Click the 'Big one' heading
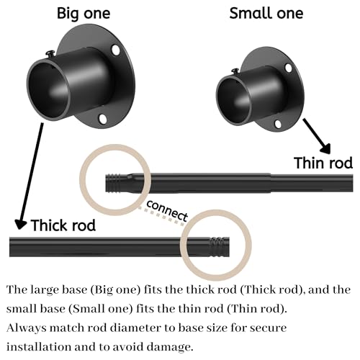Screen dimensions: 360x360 [84, 14]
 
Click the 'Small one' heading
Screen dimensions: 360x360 [266, 14]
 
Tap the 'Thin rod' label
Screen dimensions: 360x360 [323, 163]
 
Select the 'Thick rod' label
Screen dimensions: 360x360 [63, 225]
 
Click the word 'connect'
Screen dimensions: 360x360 [167, 211]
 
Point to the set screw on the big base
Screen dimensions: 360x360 [51, 53]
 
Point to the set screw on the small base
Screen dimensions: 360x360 [235, 71]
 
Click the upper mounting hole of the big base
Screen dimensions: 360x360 [116, 50]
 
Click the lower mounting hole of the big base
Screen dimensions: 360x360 [103, 119]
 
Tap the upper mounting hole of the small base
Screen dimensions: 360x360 [289, 68]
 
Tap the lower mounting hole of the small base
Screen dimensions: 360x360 [278, 124]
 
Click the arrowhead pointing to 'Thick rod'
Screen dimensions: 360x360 [20, 225]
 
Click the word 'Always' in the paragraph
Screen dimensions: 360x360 [27, 328]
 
